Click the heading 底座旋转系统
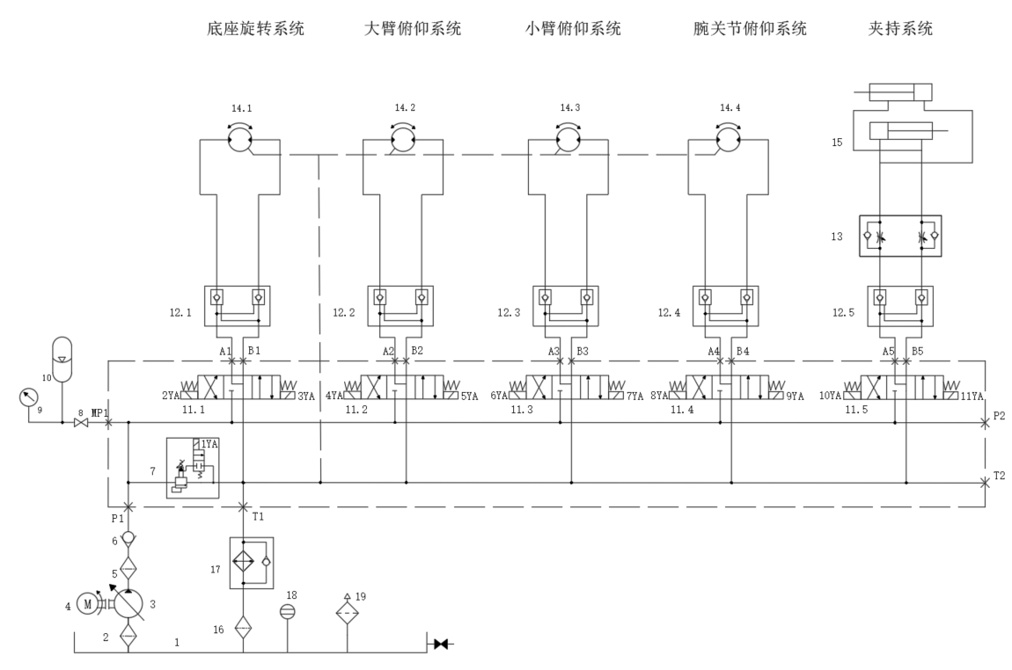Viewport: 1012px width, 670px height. pyautogui.click(x=254, y=29)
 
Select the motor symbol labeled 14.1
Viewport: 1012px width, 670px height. pyautogui.click(x=239, y=139)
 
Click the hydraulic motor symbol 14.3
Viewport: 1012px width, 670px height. pyautogui.click(x=568, y=139)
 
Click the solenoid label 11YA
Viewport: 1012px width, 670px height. pyautogui.click(x=971, y=397)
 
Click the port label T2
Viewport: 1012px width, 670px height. pyautogui.click(x=998, y=475)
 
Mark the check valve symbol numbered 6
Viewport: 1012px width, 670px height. pyautogui.click(x=129, y=537)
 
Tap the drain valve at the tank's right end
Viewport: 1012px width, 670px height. pyautogui.click(x=441, y=645)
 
